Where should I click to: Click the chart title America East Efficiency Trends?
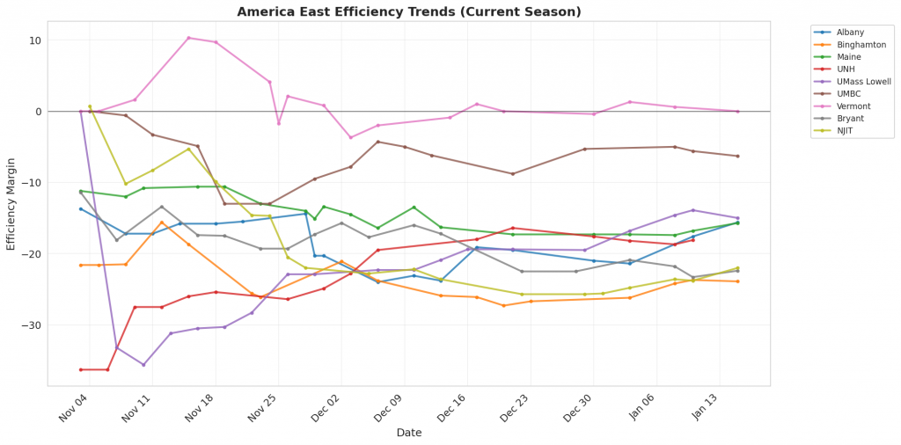409,11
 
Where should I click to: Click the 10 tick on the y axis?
34,40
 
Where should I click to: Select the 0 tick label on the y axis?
38,112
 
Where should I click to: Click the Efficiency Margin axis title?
11,204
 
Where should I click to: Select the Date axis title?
408,433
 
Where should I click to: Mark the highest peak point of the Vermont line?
188,38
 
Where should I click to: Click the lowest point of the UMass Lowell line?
143,364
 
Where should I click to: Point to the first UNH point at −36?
81,369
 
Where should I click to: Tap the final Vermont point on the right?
737,112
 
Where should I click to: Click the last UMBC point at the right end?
737,157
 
